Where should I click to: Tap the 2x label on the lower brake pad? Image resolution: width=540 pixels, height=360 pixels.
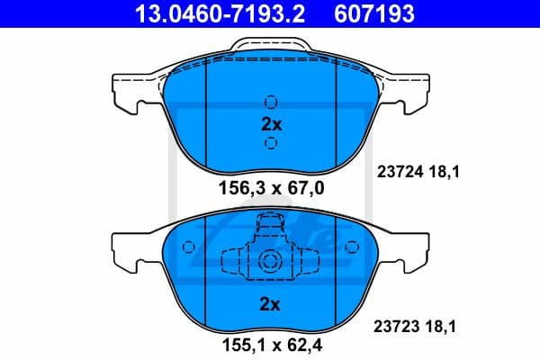click(x=271, y=304)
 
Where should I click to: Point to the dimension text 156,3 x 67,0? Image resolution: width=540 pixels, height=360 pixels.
click(x=271, y=188)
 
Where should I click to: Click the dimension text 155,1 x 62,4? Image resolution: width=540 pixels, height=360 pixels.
click(x=271, y=343)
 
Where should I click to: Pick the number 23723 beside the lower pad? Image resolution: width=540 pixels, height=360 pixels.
click(x=395, y=330)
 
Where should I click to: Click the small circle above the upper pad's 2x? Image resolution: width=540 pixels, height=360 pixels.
click(x=271, y=101)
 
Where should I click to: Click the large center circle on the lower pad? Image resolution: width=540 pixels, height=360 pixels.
click(x=271, y=261)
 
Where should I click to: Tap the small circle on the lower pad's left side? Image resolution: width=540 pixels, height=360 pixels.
click(x=187, y=247)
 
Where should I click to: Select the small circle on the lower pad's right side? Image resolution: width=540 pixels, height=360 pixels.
click(x=353, y=247)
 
